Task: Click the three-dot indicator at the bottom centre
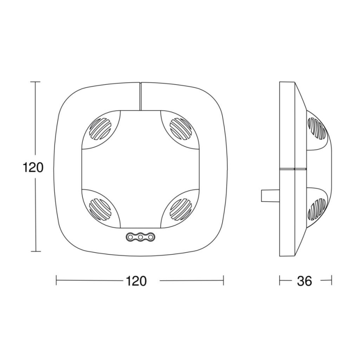(x=141, y=237)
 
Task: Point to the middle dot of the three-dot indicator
(x=141, y=237)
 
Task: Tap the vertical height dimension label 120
(x=33, y=167)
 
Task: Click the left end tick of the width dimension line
(x=56, y=281)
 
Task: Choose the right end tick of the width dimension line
(x=224, y=281)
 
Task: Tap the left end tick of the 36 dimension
(x=280, y=281)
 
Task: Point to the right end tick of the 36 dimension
(x=331, y=281)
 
